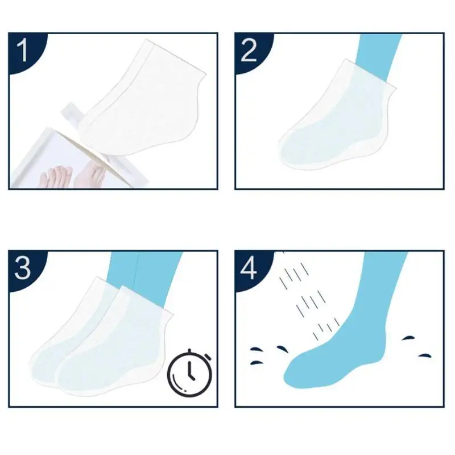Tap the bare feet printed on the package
tap(73, 176)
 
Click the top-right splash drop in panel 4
tap(408, 338)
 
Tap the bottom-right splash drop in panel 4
tap(424, 356)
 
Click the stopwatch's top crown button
tap(189, 351)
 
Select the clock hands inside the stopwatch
tap(190, 371)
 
